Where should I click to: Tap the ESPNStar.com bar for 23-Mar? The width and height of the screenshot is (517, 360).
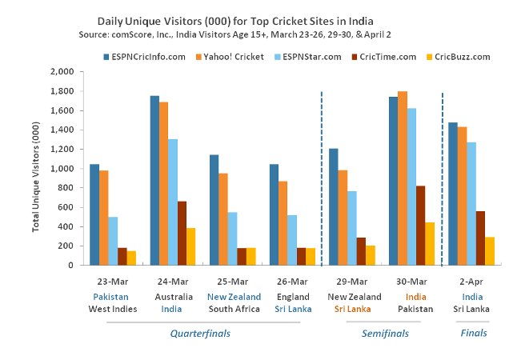pos(113,241)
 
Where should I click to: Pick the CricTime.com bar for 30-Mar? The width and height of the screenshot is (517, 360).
pos(421,225)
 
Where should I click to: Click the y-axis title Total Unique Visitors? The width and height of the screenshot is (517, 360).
pos(37,169)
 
